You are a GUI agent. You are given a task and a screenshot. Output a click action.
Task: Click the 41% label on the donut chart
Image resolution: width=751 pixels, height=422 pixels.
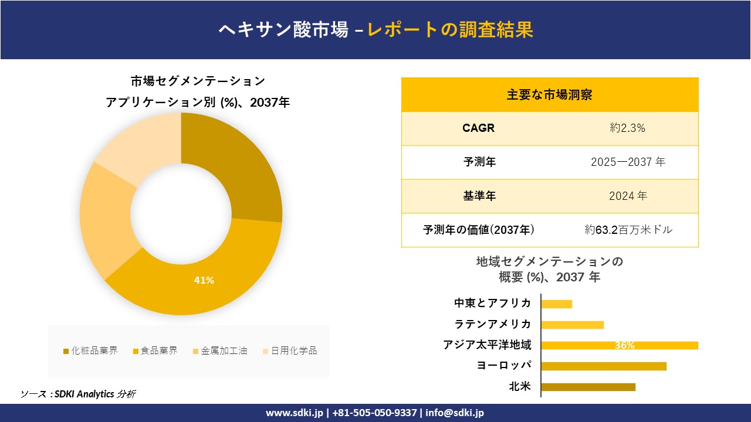[204, 281]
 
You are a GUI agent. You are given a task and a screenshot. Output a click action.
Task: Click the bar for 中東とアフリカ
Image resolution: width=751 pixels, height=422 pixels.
[556, 304]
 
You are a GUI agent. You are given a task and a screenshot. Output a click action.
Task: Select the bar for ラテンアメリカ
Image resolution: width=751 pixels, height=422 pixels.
[572, 325]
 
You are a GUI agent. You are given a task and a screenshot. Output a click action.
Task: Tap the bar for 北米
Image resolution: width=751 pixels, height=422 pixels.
[588, 387]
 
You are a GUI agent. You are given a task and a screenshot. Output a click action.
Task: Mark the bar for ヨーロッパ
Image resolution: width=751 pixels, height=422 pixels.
[604, 366]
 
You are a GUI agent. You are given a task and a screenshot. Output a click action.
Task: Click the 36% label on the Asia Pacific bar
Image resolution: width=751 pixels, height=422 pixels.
[625, 346]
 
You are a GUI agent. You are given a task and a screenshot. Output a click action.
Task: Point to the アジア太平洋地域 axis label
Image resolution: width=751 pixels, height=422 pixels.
[487, 345]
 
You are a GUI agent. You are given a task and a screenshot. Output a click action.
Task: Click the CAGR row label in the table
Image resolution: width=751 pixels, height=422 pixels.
[478, 128]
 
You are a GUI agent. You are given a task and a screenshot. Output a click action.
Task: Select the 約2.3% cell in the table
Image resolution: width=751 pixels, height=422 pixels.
[627, 128]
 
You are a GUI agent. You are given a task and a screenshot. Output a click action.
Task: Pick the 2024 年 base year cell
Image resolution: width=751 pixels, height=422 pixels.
[627, 196]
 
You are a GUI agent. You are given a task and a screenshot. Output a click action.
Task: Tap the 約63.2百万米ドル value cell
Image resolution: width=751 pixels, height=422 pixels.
[628, 230]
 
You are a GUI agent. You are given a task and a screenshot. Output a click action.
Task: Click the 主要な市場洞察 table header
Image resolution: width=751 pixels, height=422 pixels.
[550, 94]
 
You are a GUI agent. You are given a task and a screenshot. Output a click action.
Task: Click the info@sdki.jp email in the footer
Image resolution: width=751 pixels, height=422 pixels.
[455, 413]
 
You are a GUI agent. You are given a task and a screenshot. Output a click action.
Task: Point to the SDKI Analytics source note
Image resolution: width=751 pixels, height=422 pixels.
[78, 394]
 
